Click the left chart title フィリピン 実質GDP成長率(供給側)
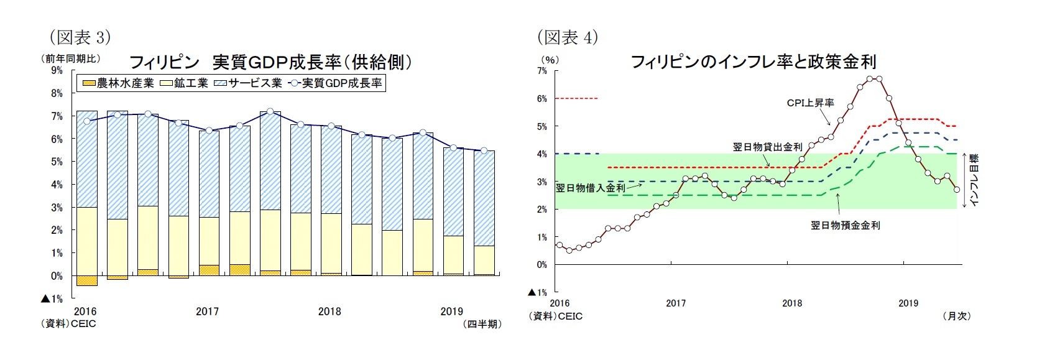pos(270,62)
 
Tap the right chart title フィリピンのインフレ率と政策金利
pos(753,62)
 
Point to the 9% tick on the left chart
pos(57,70)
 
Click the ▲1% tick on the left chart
pos(52,298)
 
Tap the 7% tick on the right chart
pos(542,71)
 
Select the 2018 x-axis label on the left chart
pos(330,312)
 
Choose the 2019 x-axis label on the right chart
pos(908,303)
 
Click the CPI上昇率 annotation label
pos(810,103)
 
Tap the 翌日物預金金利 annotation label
pos(845,226)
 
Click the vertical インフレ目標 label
pos(974,180)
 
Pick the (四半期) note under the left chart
pos(482,324)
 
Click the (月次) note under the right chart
pos(956,316)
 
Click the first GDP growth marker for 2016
pos(87,121)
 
